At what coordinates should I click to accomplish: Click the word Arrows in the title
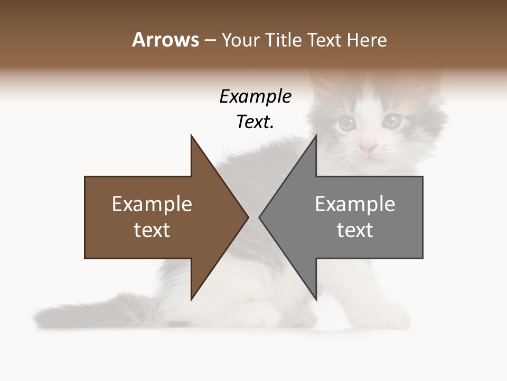point(165,40)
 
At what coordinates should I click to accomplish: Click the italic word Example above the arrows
point(255,97)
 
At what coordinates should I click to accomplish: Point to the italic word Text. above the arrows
point(255,122)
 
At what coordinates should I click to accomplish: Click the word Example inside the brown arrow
point(152,204)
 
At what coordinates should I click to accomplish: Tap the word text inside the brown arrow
point(152,230)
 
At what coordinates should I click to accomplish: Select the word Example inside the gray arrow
point(355,204)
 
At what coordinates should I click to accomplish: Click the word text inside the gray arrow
point(355,230)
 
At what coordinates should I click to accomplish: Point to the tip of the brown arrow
point(248,217)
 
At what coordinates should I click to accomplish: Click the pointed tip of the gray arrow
point(259,217)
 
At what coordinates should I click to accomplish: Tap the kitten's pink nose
point(368,146)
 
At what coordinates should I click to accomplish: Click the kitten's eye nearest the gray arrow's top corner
point(346,123)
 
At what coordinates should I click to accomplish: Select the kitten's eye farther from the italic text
point(392,121)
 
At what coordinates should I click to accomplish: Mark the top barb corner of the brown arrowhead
point(191,135)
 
